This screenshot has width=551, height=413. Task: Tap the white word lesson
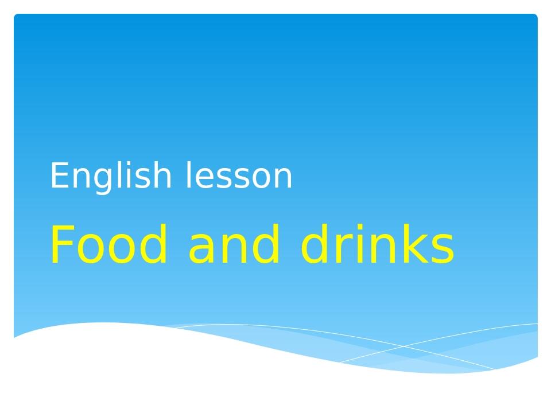(239, 176)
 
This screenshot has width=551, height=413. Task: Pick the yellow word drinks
(377, 245)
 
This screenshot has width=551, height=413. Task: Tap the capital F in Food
(61, 245)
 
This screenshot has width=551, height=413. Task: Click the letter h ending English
(161, 175)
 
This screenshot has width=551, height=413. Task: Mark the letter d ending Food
(158, 245)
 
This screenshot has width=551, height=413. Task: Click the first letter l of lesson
(188, 175)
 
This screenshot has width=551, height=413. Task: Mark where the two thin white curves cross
(403, 346)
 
